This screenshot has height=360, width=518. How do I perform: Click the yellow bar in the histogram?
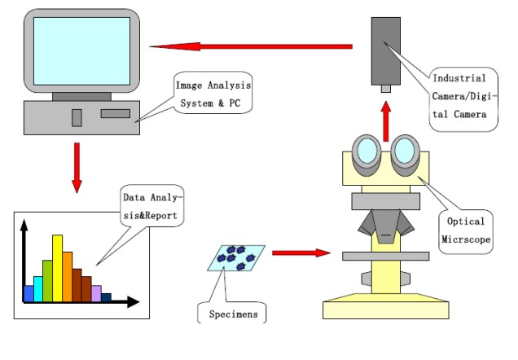click(57, 269)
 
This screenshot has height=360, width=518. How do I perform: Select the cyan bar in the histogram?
click(37, 288)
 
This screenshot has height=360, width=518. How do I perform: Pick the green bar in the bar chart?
click(47, 279)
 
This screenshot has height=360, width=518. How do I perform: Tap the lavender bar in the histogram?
click(96, 293)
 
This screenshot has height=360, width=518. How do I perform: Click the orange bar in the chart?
click(67, 276)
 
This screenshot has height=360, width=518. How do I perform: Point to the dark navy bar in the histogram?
click(106, 297)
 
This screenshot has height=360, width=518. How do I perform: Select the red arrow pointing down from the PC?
click(77, 167)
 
